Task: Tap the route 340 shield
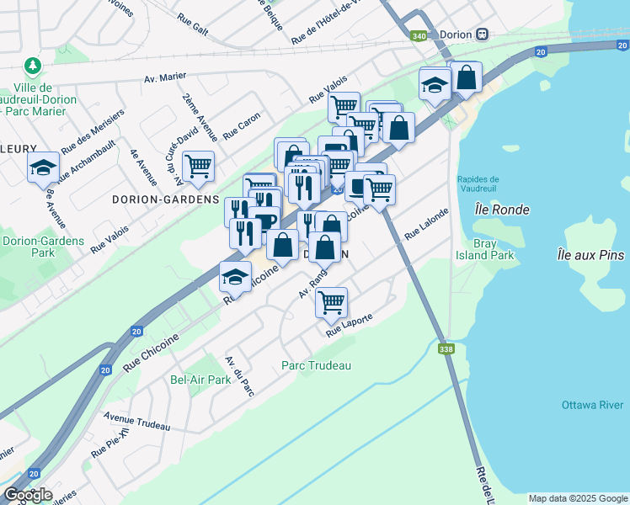pos(419,35)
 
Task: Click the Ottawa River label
pos(592,406)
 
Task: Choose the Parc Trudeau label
pos(316,365)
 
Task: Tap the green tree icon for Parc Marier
pos(32,66)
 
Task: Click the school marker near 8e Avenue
pos(43,167)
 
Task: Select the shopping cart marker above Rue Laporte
pos(332,301)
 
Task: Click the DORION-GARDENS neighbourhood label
pos(165,200)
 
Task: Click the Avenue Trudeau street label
pos(136,417)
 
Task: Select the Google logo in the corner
pos(27,494)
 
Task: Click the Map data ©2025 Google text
pos(577,498)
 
